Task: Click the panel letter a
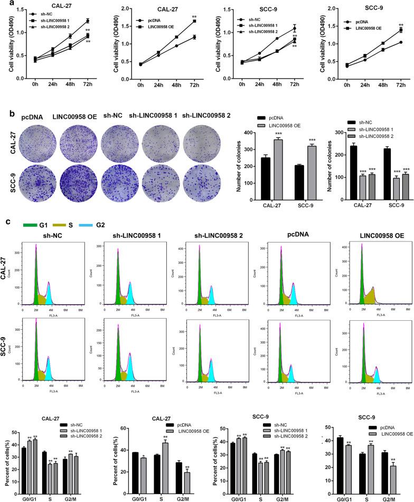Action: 4,4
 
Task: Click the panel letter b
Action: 4,100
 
